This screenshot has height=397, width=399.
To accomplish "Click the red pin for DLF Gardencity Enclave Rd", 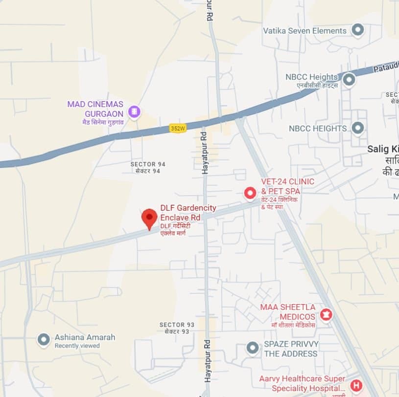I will pos(149,218).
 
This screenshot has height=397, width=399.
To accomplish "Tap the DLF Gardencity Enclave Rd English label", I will pos(188,213).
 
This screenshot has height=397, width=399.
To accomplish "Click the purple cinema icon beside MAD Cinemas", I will pos(134,112).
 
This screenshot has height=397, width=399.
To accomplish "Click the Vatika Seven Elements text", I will pos(305,31).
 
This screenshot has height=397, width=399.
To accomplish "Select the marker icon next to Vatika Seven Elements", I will pos(358,30).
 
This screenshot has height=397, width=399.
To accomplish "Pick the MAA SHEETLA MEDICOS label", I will pos(288,311).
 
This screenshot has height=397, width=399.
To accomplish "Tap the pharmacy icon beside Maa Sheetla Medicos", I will pos(326,314).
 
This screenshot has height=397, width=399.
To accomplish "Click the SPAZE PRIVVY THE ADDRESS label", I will pos(291,349).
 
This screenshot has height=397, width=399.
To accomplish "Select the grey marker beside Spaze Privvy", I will pos(253,348).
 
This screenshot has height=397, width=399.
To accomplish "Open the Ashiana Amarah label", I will pos(85,337).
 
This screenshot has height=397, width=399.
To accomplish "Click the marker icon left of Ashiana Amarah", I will pos(44,339).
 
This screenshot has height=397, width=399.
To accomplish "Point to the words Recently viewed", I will pos(77,346).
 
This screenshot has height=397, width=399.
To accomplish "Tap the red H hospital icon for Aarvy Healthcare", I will pos(356,385).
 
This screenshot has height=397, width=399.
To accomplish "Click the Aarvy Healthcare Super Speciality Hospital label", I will pos(302,384).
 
